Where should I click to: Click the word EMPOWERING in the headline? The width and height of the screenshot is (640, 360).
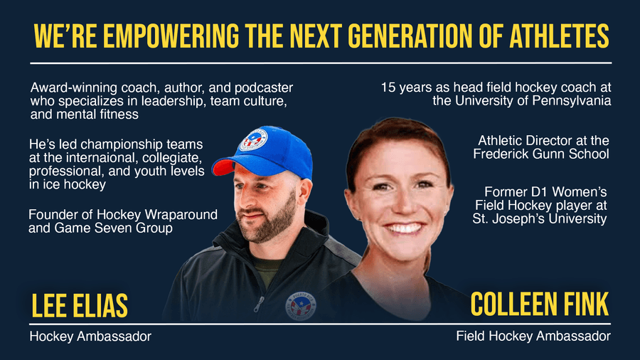click(171, 36)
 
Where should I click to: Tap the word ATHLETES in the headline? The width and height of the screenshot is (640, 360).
click(559, 36)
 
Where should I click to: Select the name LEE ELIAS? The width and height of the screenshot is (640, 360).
click(80, 305)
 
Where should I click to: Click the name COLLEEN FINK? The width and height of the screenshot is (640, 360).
click(540, 304)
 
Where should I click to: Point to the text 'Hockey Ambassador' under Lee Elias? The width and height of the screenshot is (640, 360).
click(90, 337)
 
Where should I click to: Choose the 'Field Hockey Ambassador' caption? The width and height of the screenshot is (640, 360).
click(533, 336)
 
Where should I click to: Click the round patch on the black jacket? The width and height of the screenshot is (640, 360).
click(300, 306)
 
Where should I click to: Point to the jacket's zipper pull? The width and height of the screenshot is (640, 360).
click(257, 304)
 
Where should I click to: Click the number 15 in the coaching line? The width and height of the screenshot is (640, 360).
click(388, 88)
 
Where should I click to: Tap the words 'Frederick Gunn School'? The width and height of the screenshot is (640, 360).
click(541, 154)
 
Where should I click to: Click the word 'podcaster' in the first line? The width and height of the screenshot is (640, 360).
click(264, 88)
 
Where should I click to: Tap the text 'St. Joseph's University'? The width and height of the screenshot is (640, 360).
click(540, 218)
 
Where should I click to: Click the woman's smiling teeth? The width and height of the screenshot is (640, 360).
click(404, 228)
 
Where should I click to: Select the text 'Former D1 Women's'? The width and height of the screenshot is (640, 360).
click(545, 192)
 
